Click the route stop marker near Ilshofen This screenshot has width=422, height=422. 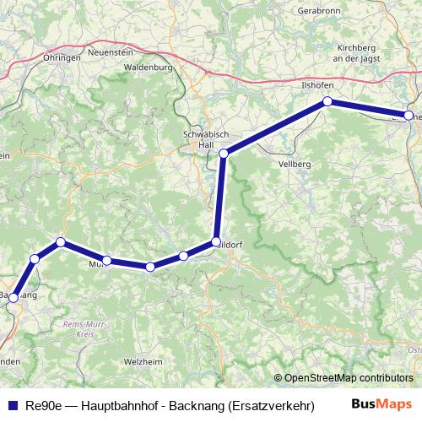[x=327, y=102]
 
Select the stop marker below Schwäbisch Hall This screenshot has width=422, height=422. [x=224, y=154]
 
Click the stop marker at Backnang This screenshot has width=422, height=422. [x=14, y=297]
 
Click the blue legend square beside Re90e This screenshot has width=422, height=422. [x=9, y=405]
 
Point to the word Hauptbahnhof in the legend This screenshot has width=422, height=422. [x=116, y=405]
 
